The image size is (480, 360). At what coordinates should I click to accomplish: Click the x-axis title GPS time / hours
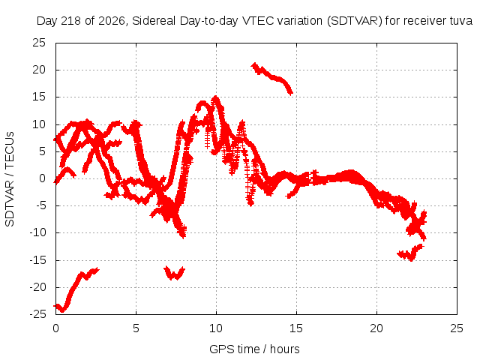[254, 349]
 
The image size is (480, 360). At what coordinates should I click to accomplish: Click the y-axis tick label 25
[39, 43]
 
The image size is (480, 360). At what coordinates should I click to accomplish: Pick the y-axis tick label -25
[38, 314]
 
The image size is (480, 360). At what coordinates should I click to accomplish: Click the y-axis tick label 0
[43, 178]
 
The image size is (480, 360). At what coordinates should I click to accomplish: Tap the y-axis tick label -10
[38, 232]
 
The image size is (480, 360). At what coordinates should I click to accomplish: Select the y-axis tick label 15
[39, 97]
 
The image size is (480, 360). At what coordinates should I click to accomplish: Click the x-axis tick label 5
[136, 328]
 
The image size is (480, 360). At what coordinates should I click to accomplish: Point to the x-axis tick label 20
[376, 328]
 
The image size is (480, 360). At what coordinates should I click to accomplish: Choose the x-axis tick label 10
[216, 328]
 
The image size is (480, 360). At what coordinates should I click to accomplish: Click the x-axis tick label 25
[457, 328]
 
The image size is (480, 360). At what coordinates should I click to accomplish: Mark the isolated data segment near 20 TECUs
[272, 76]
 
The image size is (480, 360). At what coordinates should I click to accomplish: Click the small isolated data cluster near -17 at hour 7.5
[175, 273]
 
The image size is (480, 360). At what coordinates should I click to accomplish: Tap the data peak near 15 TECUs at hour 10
[216, 98]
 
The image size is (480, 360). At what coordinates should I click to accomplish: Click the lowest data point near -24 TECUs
[62, 310]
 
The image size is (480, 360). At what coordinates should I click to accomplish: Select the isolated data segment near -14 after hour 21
[410, 253]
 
